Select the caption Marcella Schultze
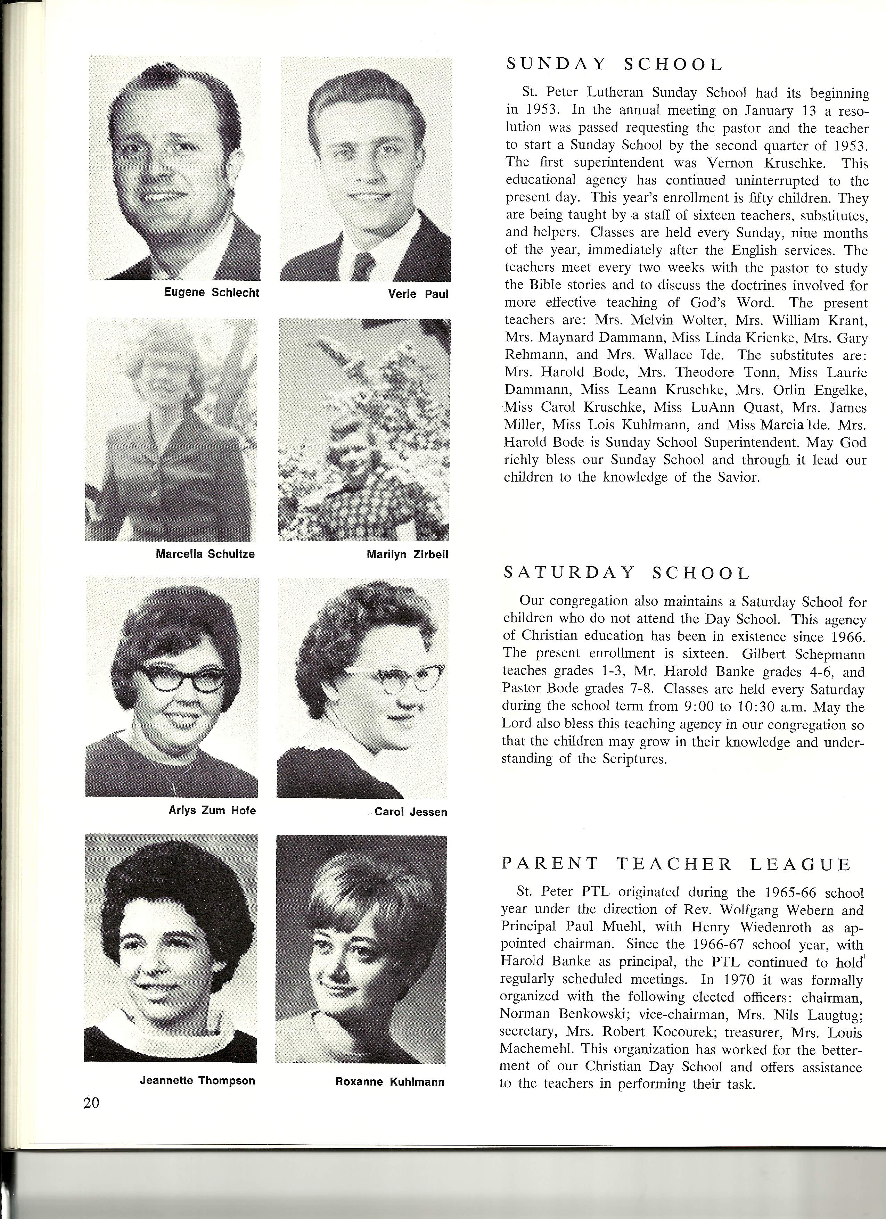click(205, 554)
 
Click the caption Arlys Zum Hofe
click(212, 810)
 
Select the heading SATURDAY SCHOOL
click(626, 574)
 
